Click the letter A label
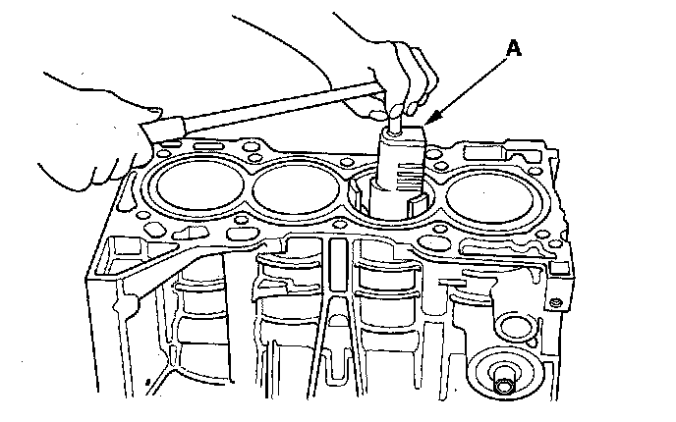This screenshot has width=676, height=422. (x=514, y=48)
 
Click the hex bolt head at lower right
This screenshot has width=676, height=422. (x=504, y=385)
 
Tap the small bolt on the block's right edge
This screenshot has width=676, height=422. (x=555, y=303)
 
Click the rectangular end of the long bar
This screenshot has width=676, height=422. (x=164, y=128)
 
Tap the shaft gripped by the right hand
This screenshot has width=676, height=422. (x=395, y=122)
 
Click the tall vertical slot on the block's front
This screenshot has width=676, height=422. (x=338, y=265)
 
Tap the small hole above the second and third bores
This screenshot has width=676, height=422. (x=346, y=162)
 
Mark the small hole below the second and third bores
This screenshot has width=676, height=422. (x=341, y=225)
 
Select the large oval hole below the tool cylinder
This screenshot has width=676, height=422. (x=428, y=242)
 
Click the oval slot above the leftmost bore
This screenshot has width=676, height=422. (x=208, y=145)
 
